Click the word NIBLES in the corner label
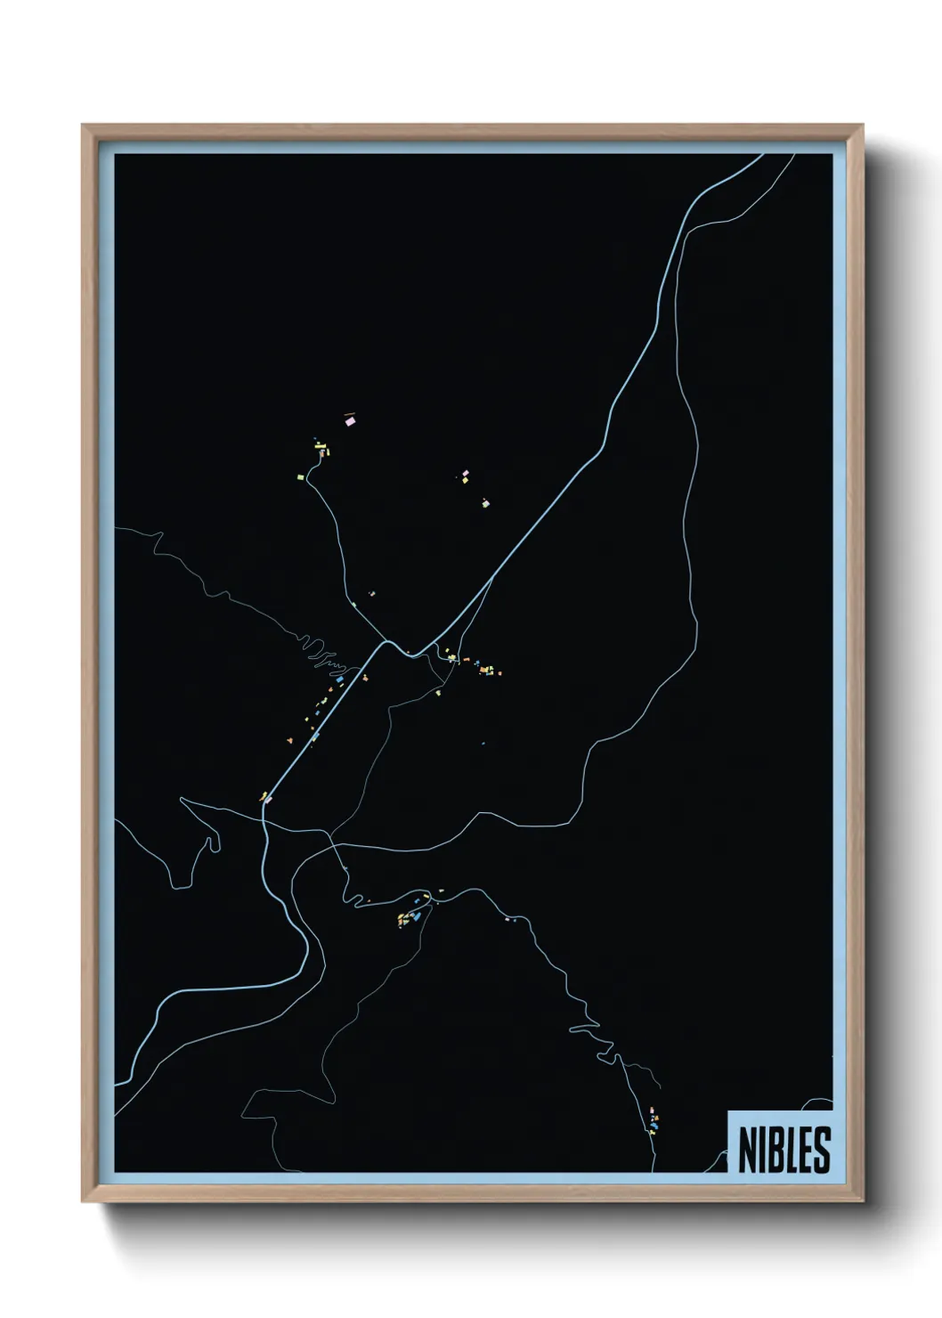(x=784, y=1150)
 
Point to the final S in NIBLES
(x=821, y=1150)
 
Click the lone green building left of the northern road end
(x=301, y=477)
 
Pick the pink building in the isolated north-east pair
(x=465, y=475)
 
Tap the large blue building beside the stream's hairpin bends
(x=339, y=679)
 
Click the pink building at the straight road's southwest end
(x=267, y=800)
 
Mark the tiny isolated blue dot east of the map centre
(x=483, y=743)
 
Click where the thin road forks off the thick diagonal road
(x=492, y=579)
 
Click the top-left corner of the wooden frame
(x=83, y=126)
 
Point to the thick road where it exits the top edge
(x=761, y=156)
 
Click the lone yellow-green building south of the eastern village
(x=438, y=692)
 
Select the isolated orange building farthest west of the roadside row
(x=289, y=739)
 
